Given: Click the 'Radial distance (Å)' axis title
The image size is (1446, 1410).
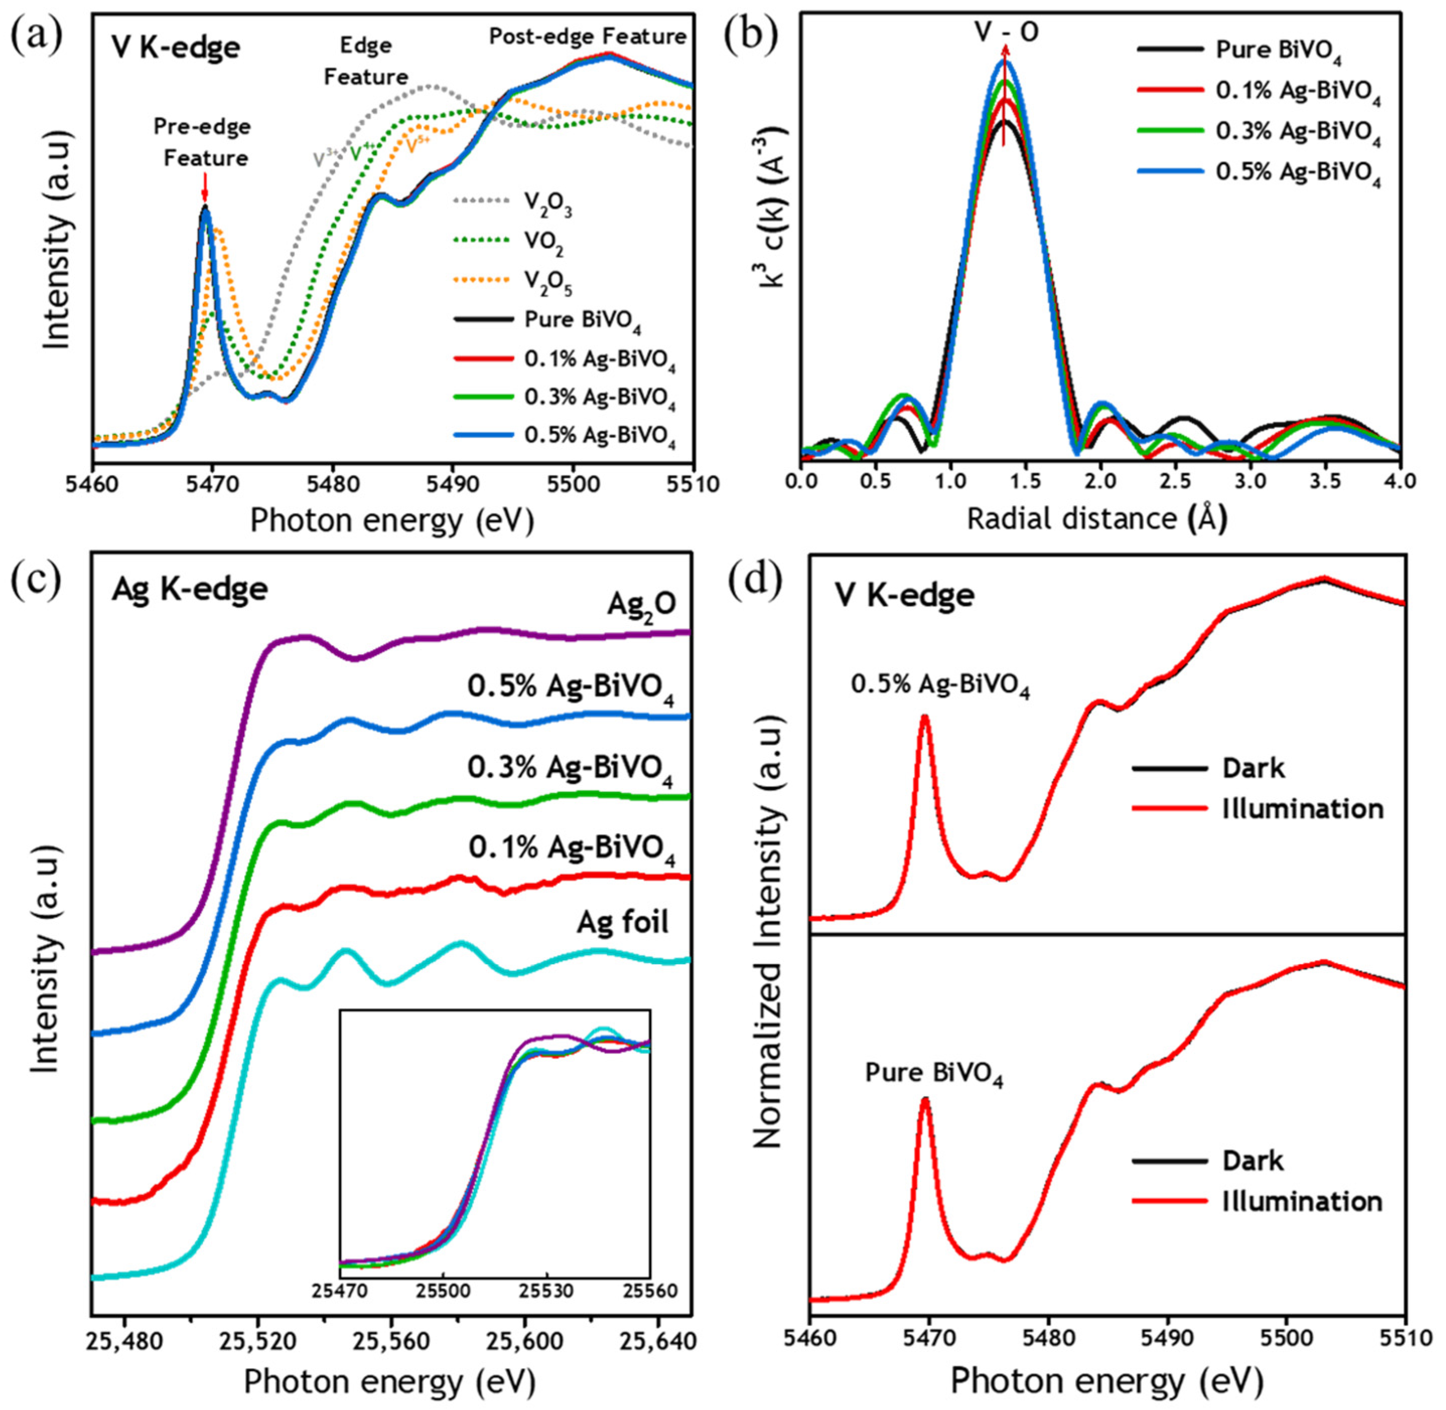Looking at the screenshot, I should point(1097,518).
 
